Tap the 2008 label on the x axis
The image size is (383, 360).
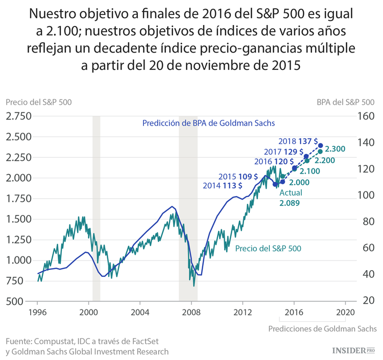click(192, 311)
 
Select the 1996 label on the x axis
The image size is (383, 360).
click(37, 311)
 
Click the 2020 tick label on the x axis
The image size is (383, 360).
click(345, 311)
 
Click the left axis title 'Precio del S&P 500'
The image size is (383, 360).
click(39, 102)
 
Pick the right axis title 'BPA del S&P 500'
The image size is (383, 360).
click(346, 102)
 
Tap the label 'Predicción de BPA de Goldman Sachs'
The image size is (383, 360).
click(208, 123)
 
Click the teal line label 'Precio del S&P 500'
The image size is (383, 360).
click(268, 249)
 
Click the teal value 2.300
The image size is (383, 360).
click(336, 149)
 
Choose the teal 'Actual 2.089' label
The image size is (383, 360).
click(291, 198)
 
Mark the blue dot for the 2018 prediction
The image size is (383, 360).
click(321, 146)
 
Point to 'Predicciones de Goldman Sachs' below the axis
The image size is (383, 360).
click(322, 329)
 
